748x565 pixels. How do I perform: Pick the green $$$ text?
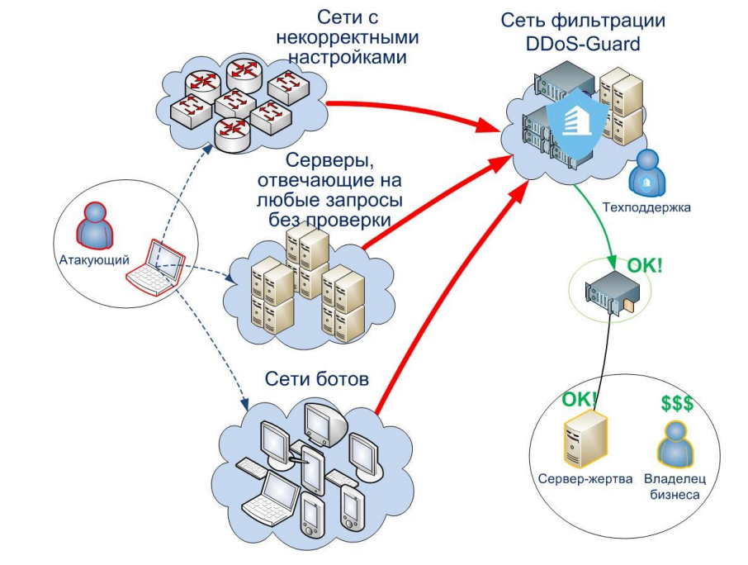[x=677, y=404]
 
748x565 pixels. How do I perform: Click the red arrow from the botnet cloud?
[x=446, y=297]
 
